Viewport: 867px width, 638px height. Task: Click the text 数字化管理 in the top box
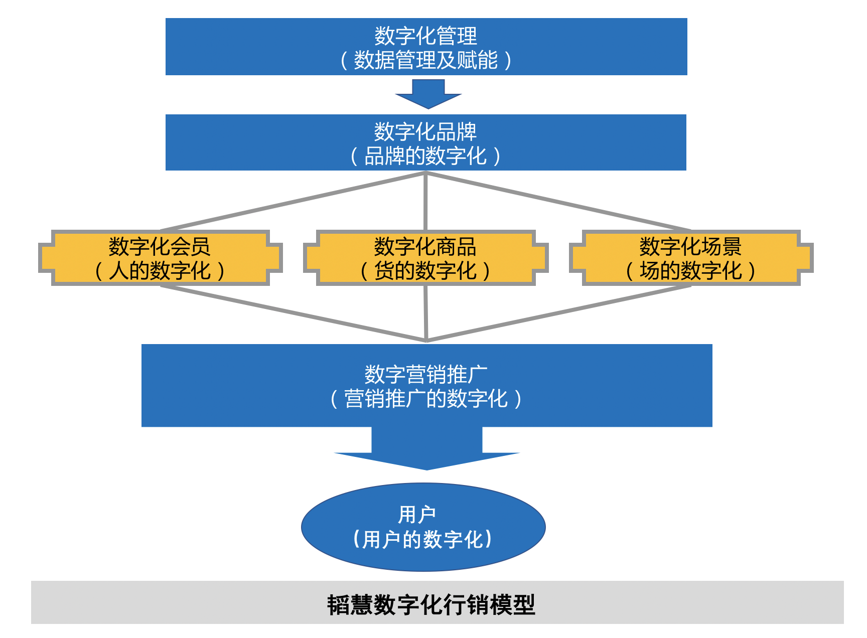pyautogui.click(x=425, y=36)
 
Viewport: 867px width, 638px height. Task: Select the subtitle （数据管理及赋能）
pyautogui.click(x=425, y=60)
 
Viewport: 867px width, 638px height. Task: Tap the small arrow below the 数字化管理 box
pyautogui.click(x=428, y=95)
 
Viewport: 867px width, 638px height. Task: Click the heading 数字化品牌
pyautogui.click(x=425, y=131)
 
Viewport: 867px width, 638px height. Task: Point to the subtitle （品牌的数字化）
pyautogui.click(x=425, y=156)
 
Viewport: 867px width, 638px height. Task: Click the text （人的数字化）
pyautogui.click(x=160, y=271)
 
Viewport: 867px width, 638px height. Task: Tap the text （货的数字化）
pyautogui.click(x=425, y=271)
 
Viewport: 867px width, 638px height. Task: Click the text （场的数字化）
pyautogui.click(x=690, y=271)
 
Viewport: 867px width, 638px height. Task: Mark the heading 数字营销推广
pyautogui.click(x=425, y=374)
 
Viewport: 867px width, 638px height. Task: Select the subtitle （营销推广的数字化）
pyautogui.click(x=425, y=399)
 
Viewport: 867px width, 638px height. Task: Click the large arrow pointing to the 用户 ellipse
pyautogui.click(x=426, y=449)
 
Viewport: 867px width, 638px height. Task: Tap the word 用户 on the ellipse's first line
pyautogui.click(x=417, y=515)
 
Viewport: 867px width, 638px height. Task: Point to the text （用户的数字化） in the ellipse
pyautogui.click(x=422, y=540)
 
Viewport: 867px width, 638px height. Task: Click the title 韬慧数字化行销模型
pyautogui.click(x=431, y=604)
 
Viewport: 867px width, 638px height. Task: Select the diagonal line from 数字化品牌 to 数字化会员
pyautogui.click(x=294, y=202)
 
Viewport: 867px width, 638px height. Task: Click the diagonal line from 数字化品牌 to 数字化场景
pyautogui.click(x=558, y=202)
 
